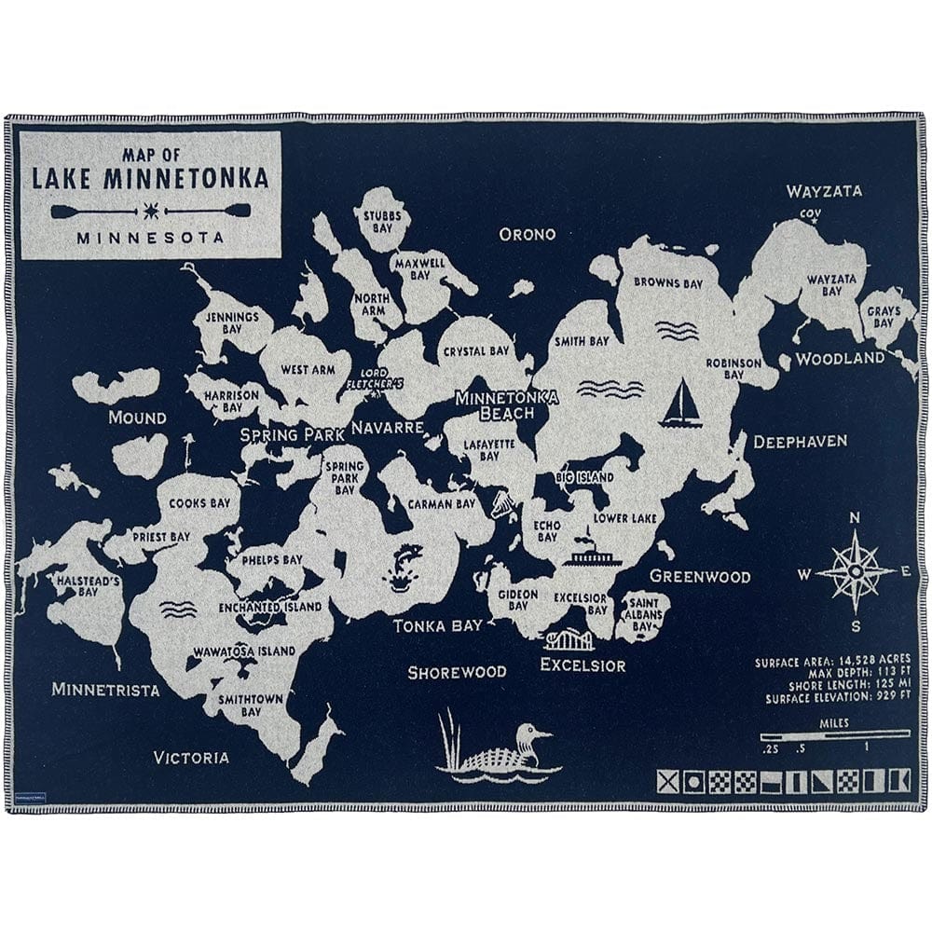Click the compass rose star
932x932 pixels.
pyautogui.click(x=855, y=570)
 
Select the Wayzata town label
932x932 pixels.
pyautogui.click(x=824, y=192)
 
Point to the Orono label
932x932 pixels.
pyautogui.click(x=527, y=234)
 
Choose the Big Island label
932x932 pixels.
pyautogui.click(x=584, y=478)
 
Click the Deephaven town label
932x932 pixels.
pyautogui.click(x=800, y=441)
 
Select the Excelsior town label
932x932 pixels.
pyautogui.click(x=582, y=665)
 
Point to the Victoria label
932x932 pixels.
pyautogui.click(x=191, y=757)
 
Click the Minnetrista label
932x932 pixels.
pyautogui.click(x=105, y=690)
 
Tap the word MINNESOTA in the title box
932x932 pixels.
pyautogui.click(x=150, y=238)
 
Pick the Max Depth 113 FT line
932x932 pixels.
pyautogui.click(x=832, y=673)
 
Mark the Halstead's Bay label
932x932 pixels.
pyautogui.click(x=76, y=584)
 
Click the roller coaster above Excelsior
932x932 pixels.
pyautogui.click(x=569, y=640)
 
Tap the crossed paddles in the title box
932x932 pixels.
pyautogui.click(x=150, y=210)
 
